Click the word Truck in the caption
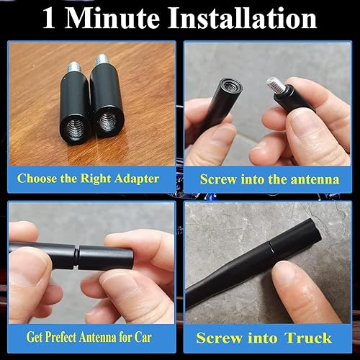[308, 337]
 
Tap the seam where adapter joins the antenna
[76, 255]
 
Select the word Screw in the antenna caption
[217, 179]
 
